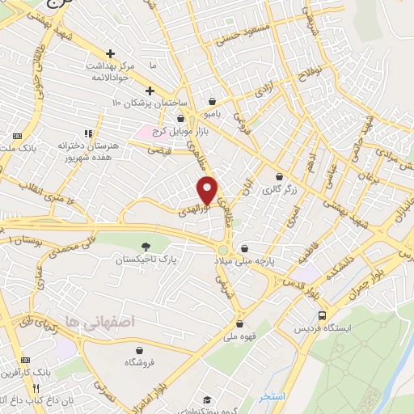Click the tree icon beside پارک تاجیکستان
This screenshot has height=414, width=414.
[x=146, y=246]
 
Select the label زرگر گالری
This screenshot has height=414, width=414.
[x=279, y=190]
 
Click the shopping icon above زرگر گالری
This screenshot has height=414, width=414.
[x=280, y=177]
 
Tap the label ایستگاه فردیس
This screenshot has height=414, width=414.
[x=323, y=329]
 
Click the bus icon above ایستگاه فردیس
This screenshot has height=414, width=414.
[x=323, y=315]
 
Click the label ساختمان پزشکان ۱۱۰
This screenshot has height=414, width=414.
[x=150, y=104]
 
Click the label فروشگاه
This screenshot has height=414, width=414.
[x=141, y=363]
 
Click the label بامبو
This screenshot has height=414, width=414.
[x=212, y=115]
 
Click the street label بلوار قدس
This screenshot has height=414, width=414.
[x=302, y=288]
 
